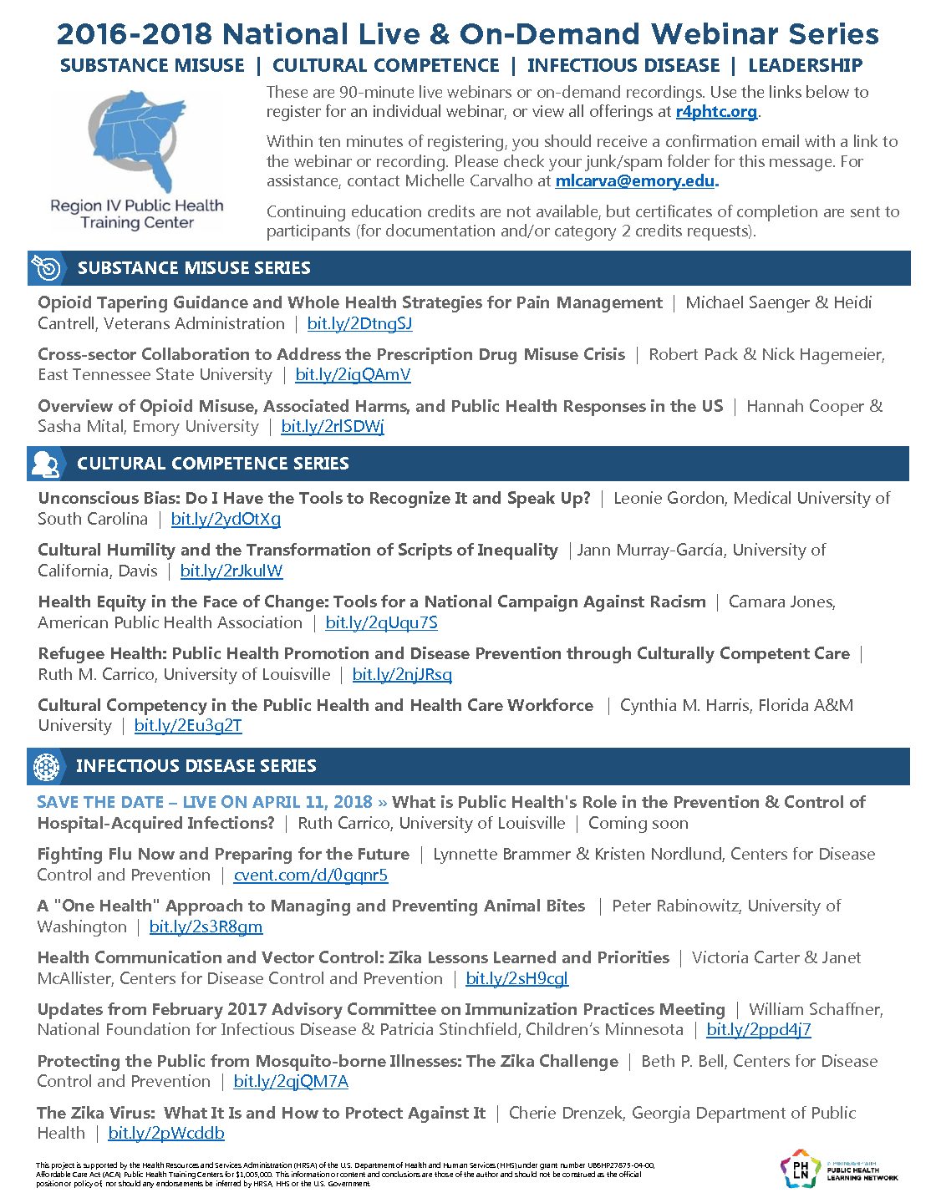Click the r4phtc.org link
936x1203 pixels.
[716, 112]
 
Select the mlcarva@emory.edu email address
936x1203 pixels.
[635, 181]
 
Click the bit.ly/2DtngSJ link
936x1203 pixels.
[359, 324]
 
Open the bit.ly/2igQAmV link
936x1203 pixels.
[353, 375]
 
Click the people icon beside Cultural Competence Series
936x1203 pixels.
[46, 464]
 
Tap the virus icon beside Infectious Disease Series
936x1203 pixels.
[47, 766]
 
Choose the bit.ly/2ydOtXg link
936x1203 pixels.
[226, 520]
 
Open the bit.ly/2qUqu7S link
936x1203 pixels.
[381, 623]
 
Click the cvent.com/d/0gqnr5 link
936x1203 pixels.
[311, 876]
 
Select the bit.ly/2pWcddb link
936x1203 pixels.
[166, 1134]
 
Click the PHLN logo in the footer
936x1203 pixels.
[799, 1169]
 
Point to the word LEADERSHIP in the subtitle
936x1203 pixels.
[805, 66]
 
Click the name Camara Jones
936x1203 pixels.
[781, 602]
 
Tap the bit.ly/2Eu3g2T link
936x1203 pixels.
[188, 726]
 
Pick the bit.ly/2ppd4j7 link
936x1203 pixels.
[759, 1030]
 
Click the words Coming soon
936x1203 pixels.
[638, 824]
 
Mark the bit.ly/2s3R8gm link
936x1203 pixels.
[206, 927]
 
